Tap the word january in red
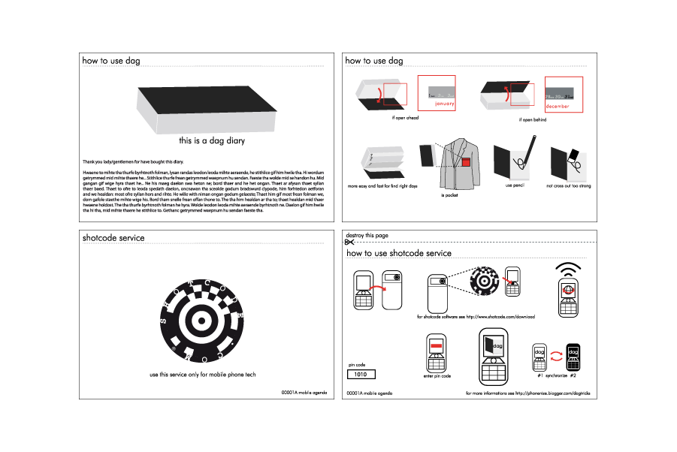[x=445, y=104]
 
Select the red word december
[x=557, y=107]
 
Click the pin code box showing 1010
[x=361, y=374]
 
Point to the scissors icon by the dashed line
[x=349, y=243]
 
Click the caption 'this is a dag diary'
[x=212, y=140]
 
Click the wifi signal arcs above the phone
[x=568, y=268]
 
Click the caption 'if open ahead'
[x=405, y=118]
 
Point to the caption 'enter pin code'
[x=437, y=375]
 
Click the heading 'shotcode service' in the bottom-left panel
[x=113, y=238]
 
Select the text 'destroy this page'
[x=367, y=236]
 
